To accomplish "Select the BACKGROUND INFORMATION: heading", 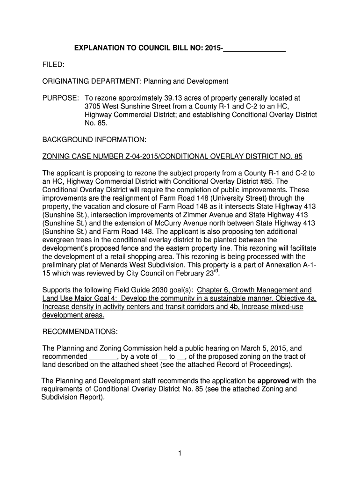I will [x=94, y=139].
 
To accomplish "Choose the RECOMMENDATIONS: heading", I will [x=80, y=332].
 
